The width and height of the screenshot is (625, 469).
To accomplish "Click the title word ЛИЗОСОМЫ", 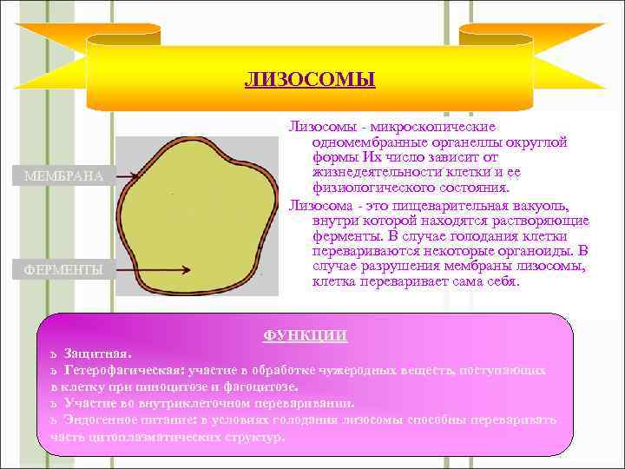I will tap(310, 82).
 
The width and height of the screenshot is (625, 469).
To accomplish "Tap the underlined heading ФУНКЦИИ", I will tap(306, 336).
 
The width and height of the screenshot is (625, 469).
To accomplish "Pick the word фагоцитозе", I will tap(261, 386).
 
